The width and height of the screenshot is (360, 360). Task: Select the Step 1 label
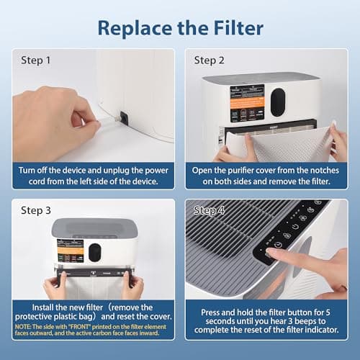36,60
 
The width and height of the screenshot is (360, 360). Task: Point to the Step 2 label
209,60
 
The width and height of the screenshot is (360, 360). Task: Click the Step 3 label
36,210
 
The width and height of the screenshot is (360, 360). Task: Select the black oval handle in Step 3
94,253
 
